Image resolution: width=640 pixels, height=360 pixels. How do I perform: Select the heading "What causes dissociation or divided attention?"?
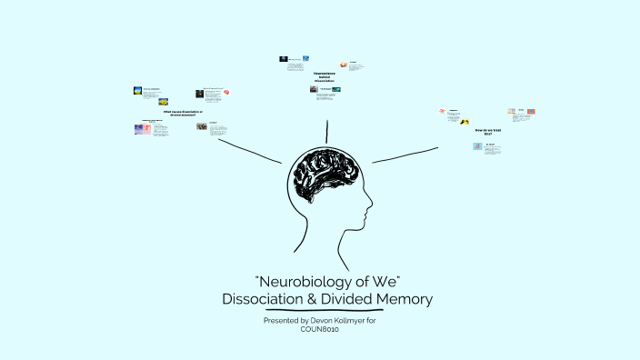point(179,113)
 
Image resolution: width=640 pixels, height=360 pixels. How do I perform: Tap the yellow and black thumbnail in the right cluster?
point(465,121)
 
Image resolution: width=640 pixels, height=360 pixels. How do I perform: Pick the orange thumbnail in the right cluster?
point(531,111)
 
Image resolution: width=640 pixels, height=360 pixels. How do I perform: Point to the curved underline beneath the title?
point(326,314)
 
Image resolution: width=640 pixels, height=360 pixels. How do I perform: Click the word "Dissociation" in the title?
point(270,298)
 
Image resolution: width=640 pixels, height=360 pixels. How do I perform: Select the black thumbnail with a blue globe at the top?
point(284,59)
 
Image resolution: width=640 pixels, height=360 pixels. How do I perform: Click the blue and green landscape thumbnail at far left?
point(138,91)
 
